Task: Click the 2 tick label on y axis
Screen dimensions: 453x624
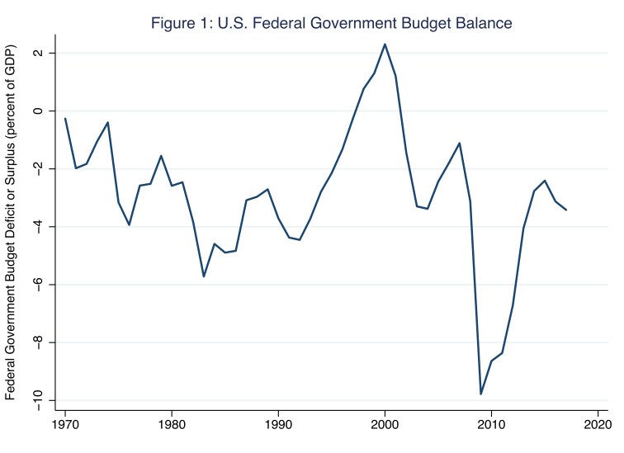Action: pos(45,54)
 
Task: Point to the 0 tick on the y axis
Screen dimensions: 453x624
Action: pos(45,111)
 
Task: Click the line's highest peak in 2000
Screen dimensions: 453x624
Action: pos(385,45)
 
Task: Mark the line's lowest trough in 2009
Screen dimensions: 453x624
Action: pos(481,394)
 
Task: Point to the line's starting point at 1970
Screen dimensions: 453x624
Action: pos(65,119)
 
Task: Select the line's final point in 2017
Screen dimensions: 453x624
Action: pos(566,210)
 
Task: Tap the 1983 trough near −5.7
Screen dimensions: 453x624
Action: pos(204,276)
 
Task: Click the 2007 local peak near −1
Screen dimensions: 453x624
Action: pos(460,143)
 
